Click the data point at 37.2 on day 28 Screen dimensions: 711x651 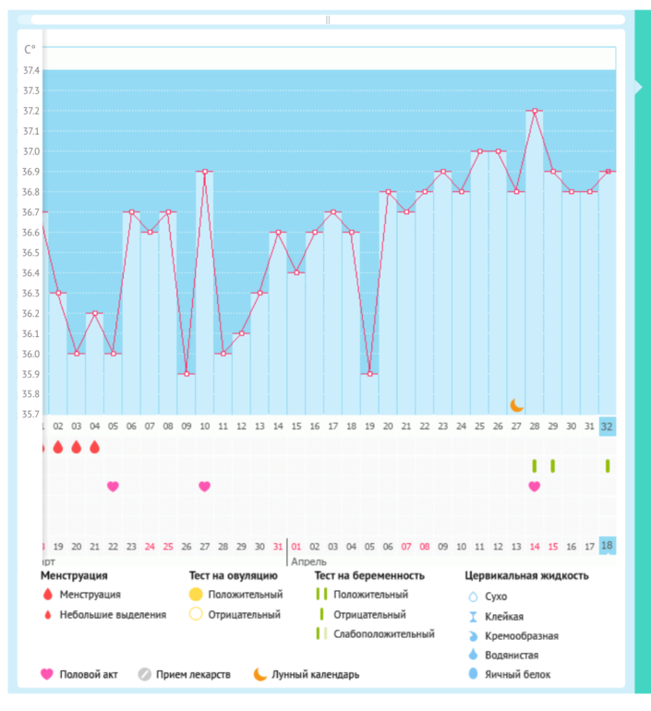[x=535, y=111]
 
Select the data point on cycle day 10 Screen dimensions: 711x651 [x=204, y=171]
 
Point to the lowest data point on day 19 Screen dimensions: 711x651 [x=369, y=374]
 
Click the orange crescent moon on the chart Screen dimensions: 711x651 [x=517, y=405]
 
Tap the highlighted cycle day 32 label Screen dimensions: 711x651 [x=607, y=427]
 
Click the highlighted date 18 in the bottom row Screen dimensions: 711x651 [x=607, y=546]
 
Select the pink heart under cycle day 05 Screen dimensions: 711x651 [x=113, y=487]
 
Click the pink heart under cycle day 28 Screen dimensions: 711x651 [x=534, y=487]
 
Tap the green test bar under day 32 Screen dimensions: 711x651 [x=607, y=466]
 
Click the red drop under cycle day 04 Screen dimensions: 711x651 [x=94, y=447]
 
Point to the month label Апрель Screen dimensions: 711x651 [x=308, y=560]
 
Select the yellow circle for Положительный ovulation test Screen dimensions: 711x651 [x=196, y=595]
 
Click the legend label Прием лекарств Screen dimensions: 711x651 [x=193, y=674]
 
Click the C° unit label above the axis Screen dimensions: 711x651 [x=30, y=49]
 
